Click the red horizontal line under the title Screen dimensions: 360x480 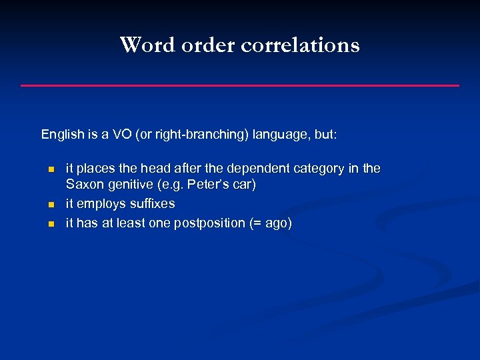coord(240,85)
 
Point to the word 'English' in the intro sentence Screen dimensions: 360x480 coord(63,134)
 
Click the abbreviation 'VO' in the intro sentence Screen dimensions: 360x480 coord(123,134)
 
